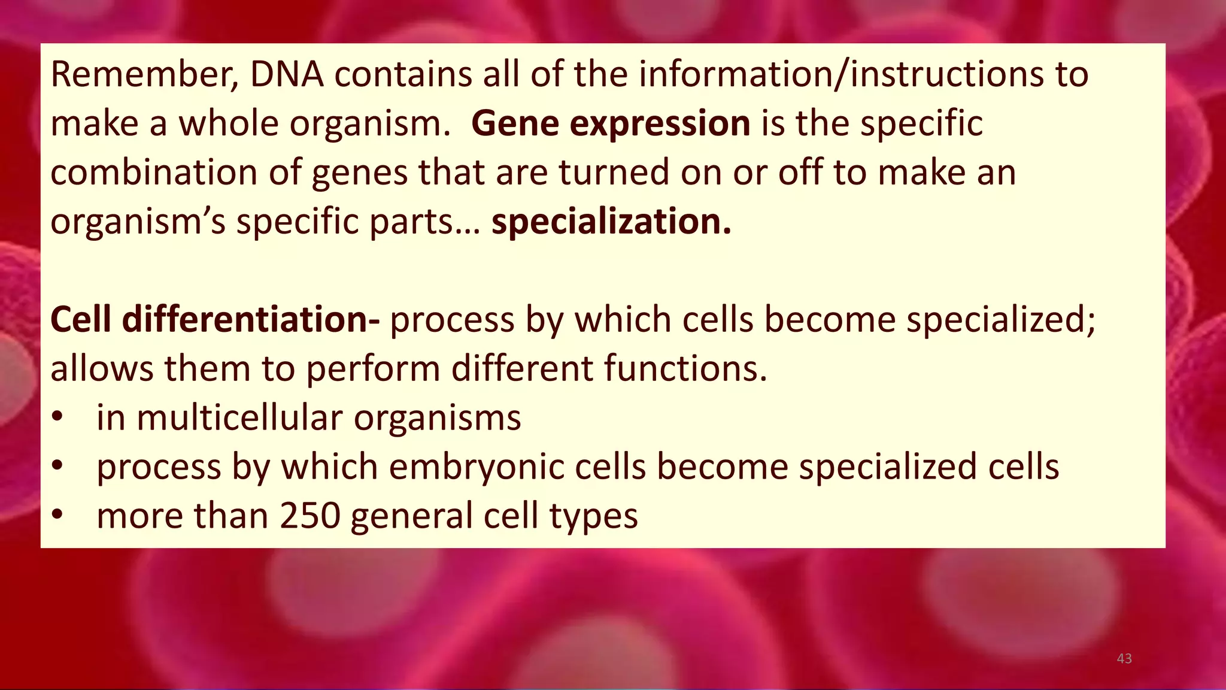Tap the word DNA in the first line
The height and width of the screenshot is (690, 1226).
click(286, 75)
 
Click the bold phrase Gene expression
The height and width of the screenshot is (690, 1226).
click(611, 124)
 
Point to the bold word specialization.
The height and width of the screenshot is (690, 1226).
click(611, 222)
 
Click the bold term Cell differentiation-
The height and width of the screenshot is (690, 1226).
click(215, 319)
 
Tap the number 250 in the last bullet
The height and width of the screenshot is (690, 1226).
click(310, 516)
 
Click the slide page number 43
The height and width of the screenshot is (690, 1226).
click(1124, 659)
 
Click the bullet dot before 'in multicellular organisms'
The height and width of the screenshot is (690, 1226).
click(57, 418)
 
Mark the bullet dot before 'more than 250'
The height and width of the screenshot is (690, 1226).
click(57, 516)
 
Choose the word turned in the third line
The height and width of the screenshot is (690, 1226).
click(614, 172)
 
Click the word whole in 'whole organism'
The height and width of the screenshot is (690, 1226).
click(229, 124)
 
